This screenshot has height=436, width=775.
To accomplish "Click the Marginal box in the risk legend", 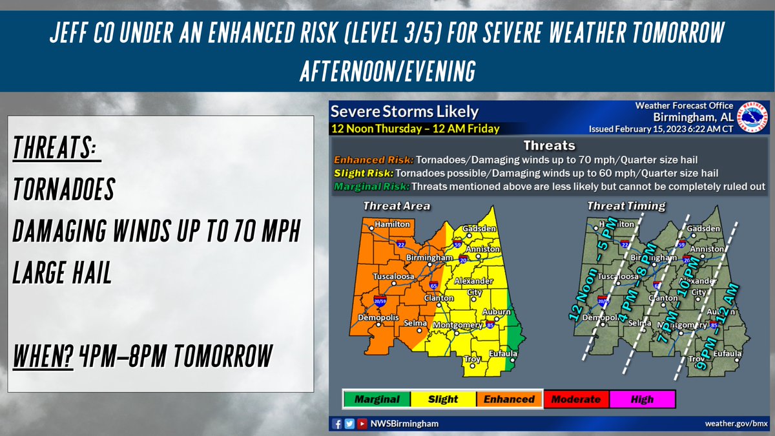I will (377, 399).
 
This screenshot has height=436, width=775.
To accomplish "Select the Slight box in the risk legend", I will (443, 399).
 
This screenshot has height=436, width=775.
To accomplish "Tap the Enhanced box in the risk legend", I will (510, 399).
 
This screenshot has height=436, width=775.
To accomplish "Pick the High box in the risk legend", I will (643, 399).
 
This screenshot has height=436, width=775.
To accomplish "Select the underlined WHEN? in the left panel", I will (42, 356).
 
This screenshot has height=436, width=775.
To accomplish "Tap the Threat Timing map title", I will (626, 206).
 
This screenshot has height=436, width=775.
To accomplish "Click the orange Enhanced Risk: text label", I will (373, 160).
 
